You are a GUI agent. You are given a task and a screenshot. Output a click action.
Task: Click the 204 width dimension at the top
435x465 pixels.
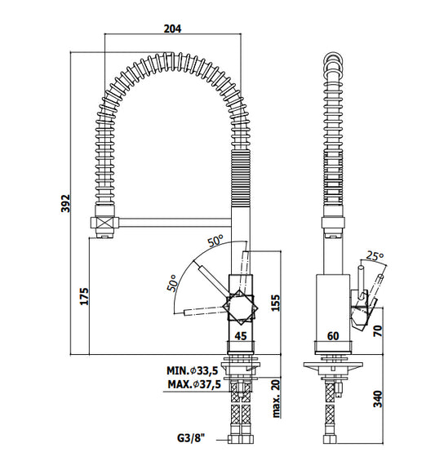point(172,29)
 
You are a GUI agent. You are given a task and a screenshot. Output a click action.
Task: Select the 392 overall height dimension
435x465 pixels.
point(65,203)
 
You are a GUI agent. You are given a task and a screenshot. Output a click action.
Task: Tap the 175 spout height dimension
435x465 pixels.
point(84,295)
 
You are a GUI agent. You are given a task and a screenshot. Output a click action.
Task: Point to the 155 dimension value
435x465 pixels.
point(275,303)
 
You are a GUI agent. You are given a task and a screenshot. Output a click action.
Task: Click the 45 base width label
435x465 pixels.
point(241,336)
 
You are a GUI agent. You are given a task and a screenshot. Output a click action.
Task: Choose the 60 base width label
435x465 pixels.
point(333,336)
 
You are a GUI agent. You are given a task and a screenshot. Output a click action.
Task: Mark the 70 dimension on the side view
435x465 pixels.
point(379,330)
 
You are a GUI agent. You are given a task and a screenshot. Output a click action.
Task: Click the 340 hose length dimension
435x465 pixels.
point(378,399)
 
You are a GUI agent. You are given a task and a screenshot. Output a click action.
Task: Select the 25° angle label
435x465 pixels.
point(375,255)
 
